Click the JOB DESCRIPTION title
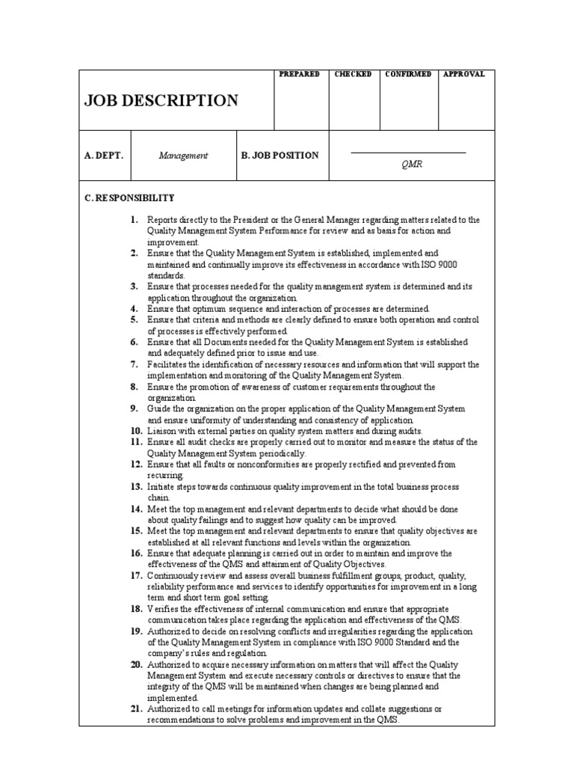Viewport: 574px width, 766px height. [161, 100]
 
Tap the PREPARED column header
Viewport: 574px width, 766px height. [299, 75]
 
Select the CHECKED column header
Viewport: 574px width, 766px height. [354, 75]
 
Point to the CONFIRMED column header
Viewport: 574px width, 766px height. [408, 75]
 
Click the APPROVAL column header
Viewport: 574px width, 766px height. [464, 75]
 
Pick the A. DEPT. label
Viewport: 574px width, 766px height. [104, 156]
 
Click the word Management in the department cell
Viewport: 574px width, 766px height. [183, 156]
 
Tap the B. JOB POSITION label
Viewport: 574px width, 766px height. [280, 156]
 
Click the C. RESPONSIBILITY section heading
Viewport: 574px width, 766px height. [129, 198]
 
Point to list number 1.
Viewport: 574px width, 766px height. [134, 220]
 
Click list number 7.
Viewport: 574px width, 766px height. [134, 364]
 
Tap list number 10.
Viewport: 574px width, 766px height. [135, 431]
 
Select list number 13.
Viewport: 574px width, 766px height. [135, 486]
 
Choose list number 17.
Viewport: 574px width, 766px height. [135, 575]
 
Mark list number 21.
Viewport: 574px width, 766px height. [135, 708]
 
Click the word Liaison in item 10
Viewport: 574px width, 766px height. [162, 432]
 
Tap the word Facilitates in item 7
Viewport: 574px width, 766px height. [170, 365]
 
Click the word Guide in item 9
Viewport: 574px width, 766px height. [159, 409]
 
